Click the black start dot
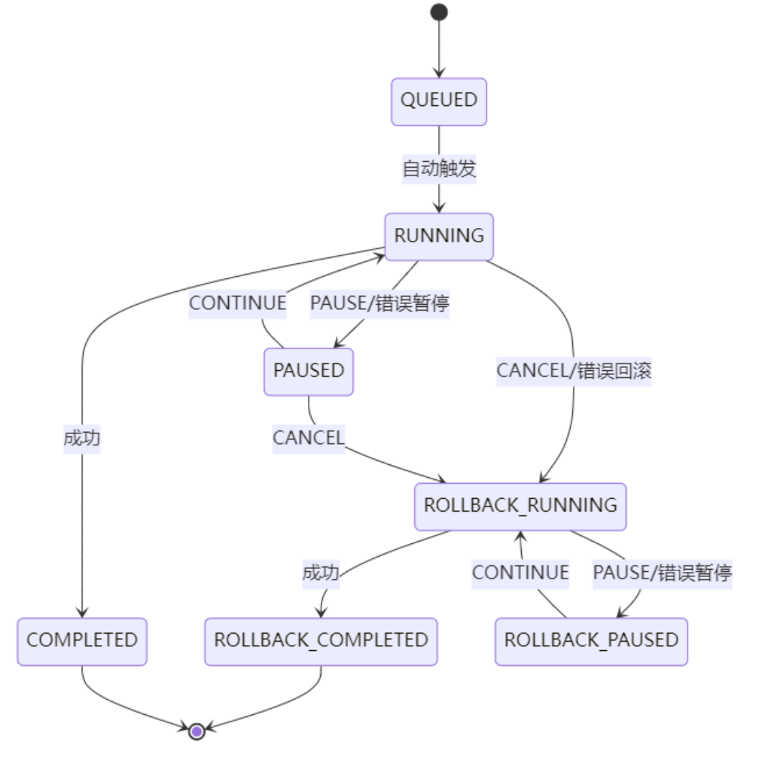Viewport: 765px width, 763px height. [439, 12]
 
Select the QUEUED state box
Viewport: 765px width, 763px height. [439, 101]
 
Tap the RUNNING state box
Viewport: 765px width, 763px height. [439, 236]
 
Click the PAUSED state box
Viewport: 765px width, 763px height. [309, 371]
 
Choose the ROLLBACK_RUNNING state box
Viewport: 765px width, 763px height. [520, 506]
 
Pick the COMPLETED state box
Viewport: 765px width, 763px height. [82, 641]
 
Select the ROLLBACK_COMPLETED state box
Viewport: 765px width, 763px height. [321, 641]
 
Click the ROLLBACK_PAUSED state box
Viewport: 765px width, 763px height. [591, 641]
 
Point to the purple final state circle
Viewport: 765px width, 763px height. [197, 730]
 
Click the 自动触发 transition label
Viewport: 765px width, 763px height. [439, 169]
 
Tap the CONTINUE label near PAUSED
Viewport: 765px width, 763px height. [238, 303]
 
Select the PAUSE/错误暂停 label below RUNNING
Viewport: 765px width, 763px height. [379, 303]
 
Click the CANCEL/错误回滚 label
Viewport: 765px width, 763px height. [574, 371]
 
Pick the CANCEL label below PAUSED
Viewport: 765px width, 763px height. [308, 438]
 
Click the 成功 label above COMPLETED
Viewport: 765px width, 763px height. [82, 439]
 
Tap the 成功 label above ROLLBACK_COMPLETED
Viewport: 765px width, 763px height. [321, 573]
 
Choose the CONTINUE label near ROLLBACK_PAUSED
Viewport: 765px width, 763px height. [520, 573]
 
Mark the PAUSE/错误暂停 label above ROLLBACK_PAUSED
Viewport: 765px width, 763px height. [663, 573]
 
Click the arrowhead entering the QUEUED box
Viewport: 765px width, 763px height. [439, 73]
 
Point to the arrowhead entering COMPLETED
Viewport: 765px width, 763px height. [82, 613]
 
